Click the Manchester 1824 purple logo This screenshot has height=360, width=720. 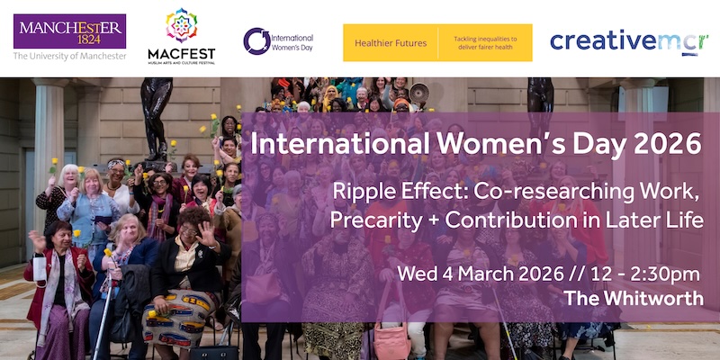[69, 31]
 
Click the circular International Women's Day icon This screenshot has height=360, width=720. [256, 40]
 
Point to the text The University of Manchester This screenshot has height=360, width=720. [69, 56]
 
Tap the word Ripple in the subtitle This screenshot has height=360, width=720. [360, 190]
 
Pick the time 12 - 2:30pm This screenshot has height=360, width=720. [644, 273]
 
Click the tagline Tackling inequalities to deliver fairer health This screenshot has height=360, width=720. [484, 42]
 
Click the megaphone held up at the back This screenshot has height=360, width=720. [418, 91]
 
